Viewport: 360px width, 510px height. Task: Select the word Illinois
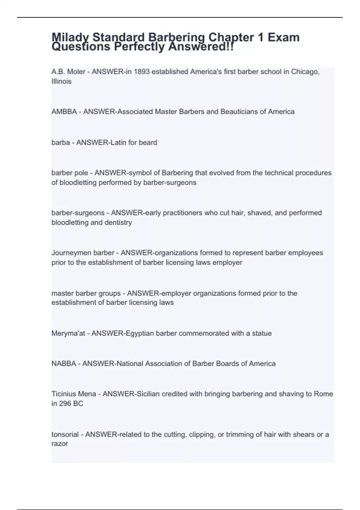pyautogui.click(x=61, y=81)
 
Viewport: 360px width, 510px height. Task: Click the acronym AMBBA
pyautogui.click(x=64, y=112)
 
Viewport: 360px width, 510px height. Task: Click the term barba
pyautogui.click(x=61, y=142)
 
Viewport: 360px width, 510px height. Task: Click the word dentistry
pyautogui.click(x=118, y=223)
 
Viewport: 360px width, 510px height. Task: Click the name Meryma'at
pyautogui.click(x=68, y=333)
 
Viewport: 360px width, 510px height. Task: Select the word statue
pyautogui.click(x=262, y=333)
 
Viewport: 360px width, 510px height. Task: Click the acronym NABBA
pyautogui.click(x=64, y=364)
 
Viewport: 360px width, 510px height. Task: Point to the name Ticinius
pyautogui.click(x=62, y=394)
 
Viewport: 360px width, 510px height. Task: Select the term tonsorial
pyautogui.click(x=65, y=434)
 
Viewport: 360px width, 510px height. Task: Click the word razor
pyautogui.click(x=60, y=444)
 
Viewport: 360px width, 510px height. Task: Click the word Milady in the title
pyautogui.click(x=70, y=38)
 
